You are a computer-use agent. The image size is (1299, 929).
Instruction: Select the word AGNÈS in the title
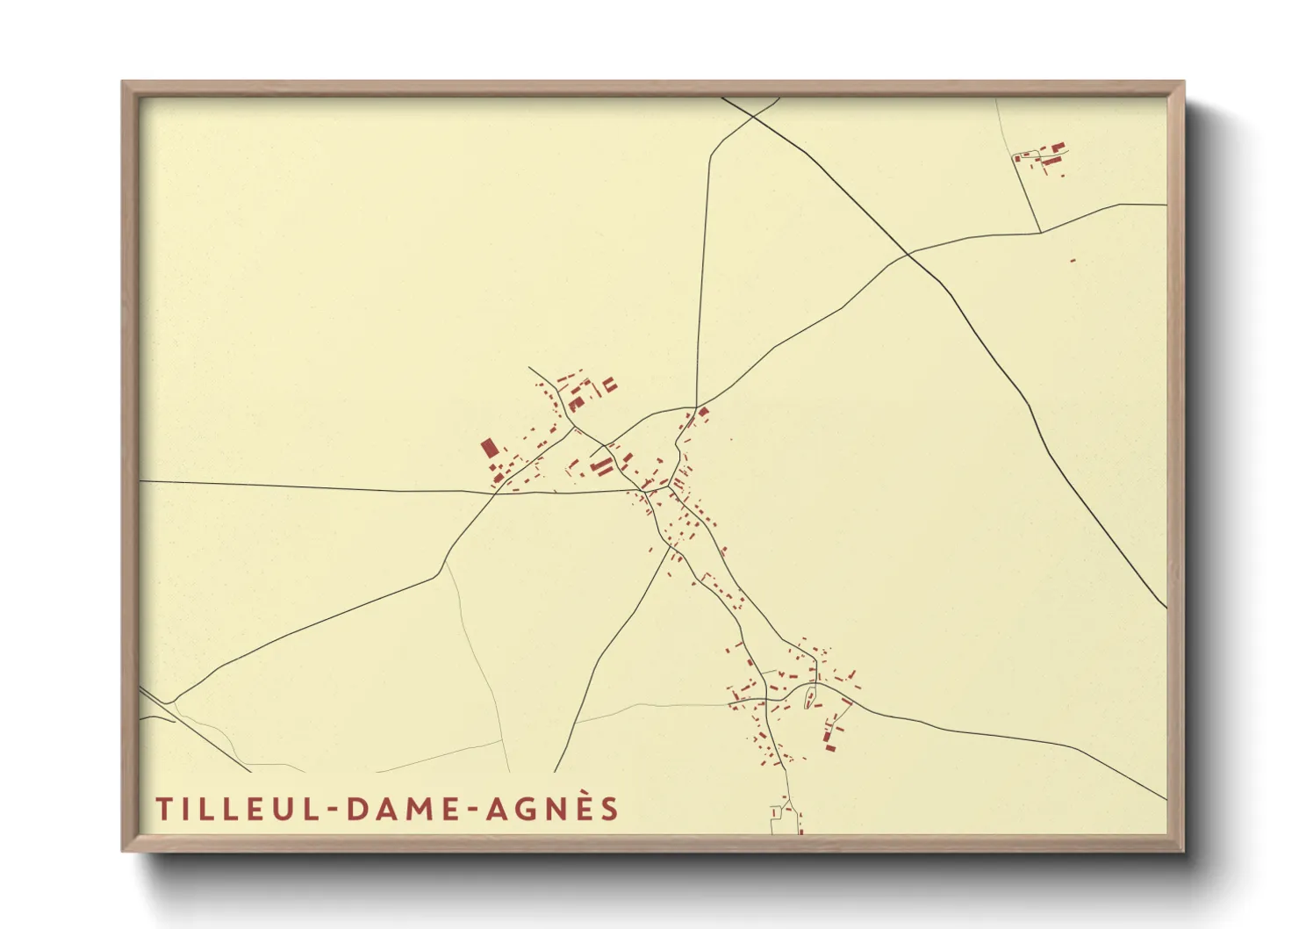552,808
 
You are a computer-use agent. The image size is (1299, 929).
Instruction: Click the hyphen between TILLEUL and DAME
334,810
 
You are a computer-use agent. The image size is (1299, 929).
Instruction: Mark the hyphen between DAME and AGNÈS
470,810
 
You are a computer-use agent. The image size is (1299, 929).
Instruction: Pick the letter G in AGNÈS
522,809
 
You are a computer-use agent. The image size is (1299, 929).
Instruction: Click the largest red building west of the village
488,449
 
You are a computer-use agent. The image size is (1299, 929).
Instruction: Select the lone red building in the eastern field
1073,260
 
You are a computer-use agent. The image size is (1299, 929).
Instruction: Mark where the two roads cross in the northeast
908,254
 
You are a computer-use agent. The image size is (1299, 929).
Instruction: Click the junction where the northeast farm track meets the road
1040,232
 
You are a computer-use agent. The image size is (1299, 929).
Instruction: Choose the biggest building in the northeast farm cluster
1058,148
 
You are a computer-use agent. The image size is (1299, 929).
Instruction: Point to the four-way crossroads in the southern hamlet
766,700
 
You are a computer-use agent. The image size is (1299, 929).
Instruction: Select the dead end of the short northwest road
529,367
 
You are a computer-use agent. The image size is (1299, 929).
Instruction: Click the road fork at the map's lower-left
174,702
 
